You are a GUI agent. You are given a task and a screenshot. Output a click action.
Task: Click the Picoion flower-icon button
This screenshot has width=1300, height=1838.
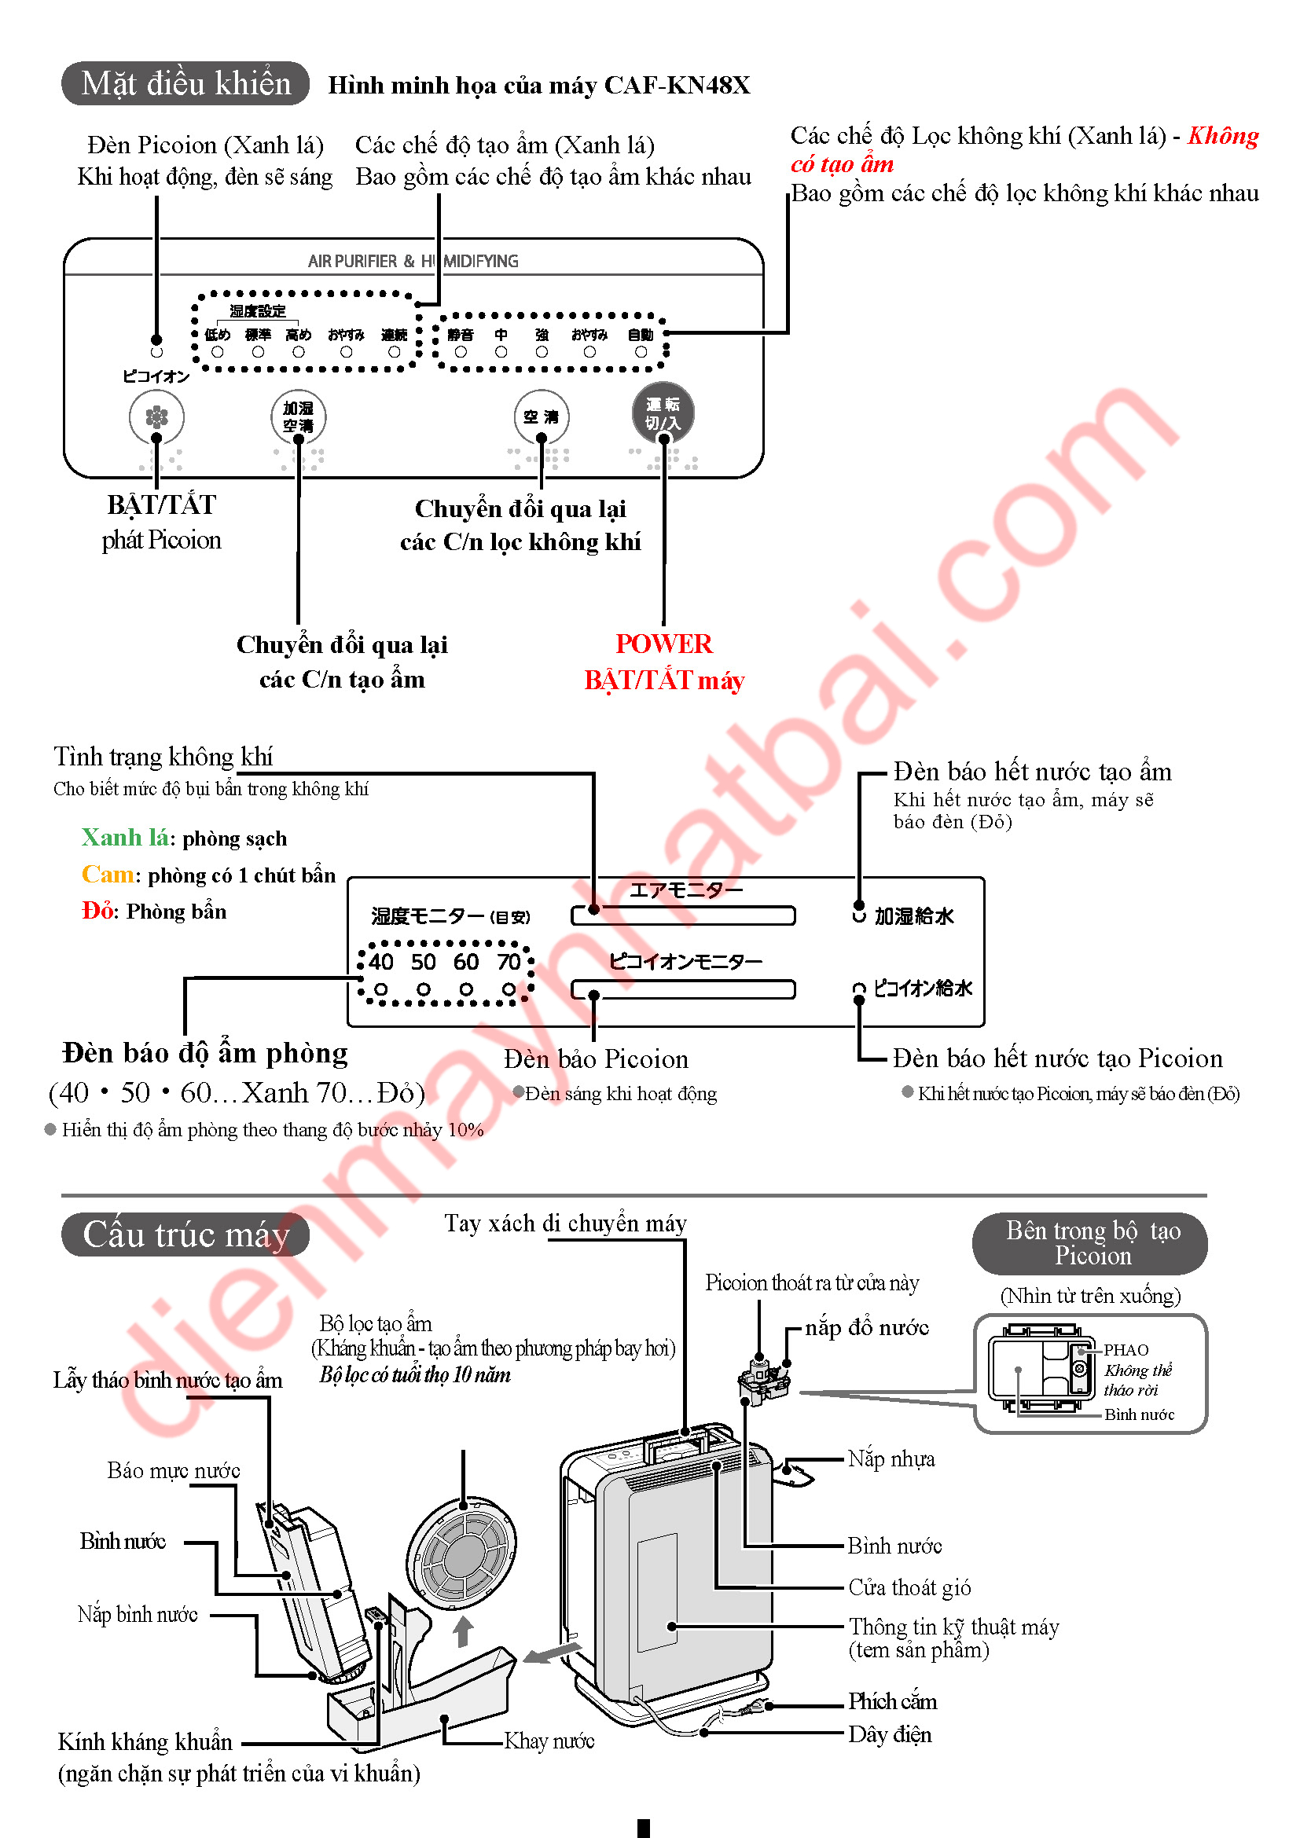157,416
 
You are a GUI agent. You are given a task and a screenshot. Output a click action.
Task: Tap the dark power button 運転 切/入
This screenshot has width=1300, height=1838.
663,413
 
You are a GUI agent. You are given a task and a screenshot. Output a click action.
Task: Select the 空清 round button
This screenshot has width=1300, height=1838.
541,416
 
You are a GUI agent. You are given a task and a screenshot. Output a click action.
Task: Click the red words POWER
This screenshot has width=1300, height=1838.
663,644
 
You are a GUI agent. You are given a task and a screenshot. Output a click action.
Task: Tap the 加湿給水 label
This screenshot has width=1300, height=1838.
914,915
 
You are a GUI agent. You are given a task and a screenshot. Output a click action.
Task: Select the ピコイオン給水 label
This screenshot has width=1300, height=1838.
922,989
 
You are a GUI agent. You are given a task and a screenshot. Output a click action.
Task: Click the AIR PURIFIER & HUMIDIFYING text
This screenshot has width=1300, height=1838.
413,261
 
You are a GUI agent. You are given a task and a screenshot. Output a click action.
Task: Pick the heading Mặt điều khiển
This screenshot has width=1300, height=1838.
185,83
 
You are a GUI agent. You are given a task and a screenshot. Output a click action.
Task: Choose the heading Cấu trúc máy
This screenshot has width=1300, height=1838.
185,1235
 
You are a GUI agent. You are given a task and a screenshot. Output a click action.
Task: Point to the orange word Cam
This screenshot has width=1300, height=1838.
107,874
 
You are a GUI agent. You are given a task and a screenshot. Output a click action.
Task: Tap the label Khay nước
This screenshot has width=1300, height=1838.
549,1741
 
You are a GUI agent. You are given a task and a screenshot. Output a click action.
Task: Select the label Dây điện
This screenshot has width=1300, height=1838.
890,1734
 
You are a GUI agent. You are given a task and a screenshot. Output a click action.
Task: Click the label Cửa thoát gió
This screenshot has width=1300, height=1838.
909,1587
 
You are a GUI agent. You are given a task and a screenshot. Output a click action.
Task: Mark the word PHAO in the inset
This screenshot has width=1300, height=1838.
1126,1350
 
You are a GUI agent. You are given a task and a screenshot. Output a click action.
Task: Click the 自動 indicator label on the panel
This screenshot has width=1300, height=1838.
641,335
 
